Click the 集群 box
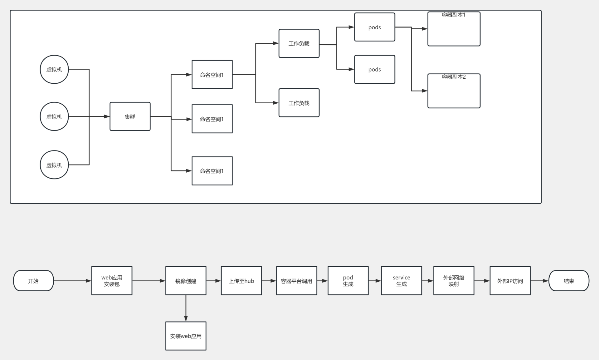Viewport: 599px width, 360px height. pos(130,116)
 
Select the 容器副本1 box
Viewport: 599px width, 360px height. pos(454,29)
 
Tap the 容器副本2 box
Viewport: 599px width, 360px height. pos(454,91)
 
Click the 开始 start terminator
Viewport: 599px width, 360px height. pos(33,281)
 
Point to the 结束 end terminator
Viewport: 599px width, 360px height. pos(568,281)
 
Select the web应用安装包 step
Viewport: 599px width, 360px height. pos(112,281)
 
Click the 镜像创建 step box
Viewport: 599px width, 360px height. pos(186,281)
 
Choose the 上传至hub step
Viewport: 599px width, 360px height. pos(241,281)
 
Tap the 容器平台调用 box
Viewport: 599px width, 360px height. pos(296,281)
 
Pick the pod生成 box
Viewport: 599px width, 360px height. pos(348,281)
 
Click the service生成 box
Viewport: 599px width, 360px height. pos(401,281)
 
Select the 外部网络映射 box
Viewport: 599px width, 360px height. pos(454,281)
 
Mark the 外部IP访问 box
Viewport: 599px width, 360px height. pos(510,281)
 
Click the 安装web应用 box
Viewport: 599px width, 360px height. pos(186,336)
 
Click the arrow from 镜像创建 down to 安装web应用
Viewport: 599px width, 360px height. pos(186,308)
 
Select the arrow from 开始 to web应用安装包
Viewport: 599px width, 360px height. pos(72,281)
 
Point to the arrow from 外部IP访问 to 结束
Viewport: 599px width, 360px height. pos(539,281)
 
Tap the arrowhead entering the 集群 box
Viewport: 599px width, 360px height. pos(107,116)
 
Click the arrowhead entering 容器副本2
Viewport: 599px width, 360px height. pos(424,91)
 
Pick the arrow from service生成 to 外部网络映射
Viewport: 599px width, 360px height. pos(427,281)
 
